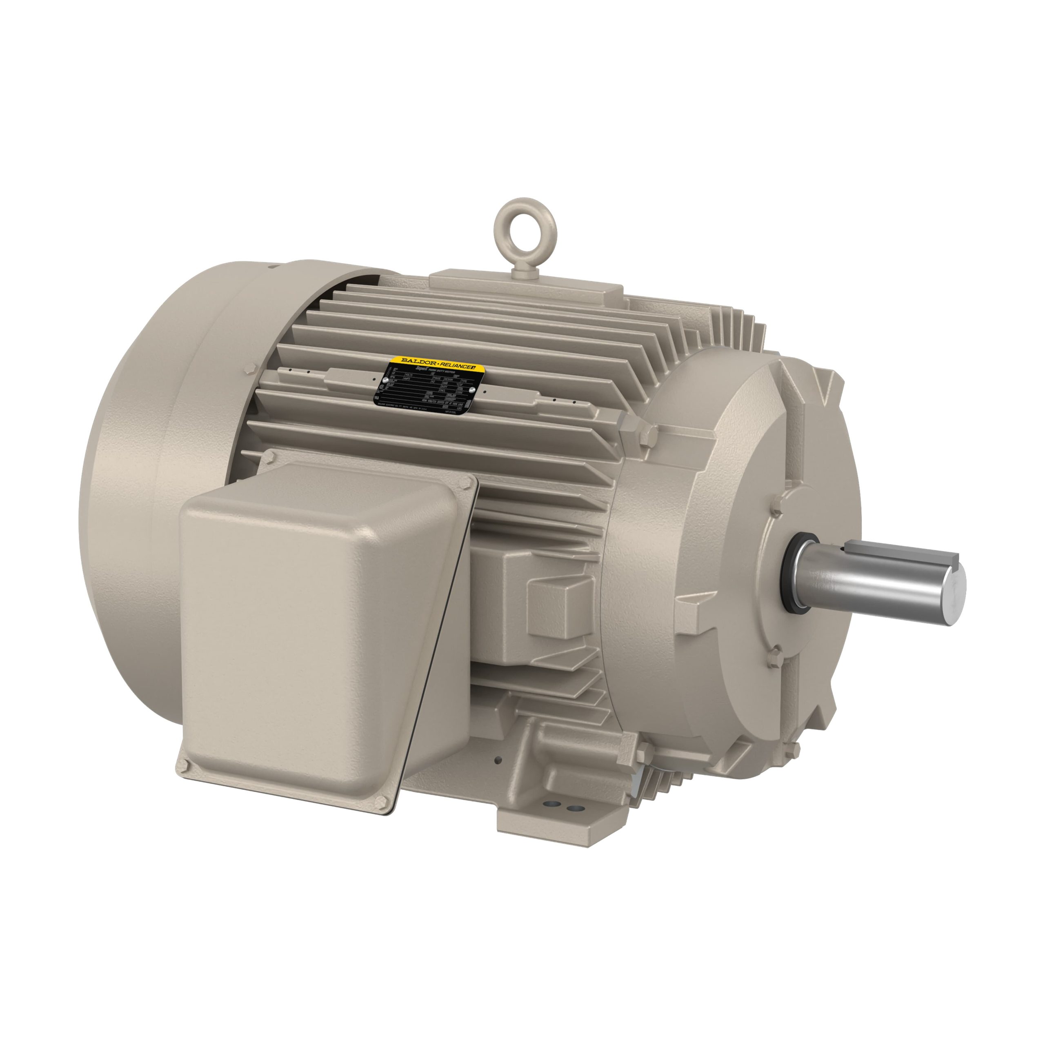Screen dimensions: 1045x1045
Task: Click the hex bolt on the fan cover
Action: (x=252, y=369)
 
